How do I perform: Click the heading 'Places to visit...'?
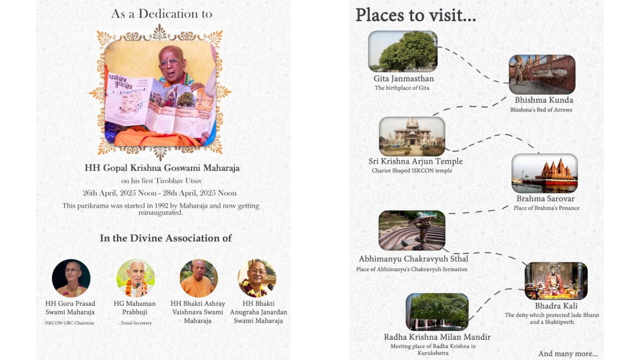[416, 15]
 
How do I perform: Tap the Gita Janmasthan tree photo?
[403, 51]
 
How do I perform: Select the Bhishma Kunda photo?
[542, 75]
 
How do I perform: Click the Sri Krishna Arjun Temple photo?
[412, 136]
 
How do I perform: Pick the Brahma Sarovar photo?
[544, 173]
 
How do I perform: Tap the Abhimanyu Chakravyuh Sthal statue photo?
[412, 230]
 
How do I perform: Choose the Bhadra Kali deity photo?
[556, 280]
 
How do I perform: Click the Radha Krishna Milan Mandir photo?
[437, 312]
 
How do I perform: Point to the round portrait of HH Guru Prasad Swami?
[71, 278]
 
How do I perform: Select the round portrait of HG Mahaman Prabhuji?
[136, 278]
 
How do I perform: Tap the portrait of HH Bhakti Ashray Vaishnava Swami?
[199, 278]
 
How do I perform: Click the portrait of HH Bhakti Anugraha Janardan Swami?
[257, 278]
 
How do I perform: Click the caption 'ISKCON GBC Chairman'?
[69, 323]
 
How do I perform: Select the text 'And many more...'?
[568, 354]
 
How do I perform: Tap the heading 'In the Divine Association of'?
[166, 238]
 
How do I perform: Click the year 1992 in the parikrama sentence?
[161, 206]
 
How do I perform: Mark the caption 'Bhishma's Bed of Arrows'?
[541, 110]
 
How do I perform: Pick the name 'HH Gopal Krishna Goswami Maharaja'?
[162, 168]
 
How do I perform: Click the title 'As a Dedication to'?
[162, 14]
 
